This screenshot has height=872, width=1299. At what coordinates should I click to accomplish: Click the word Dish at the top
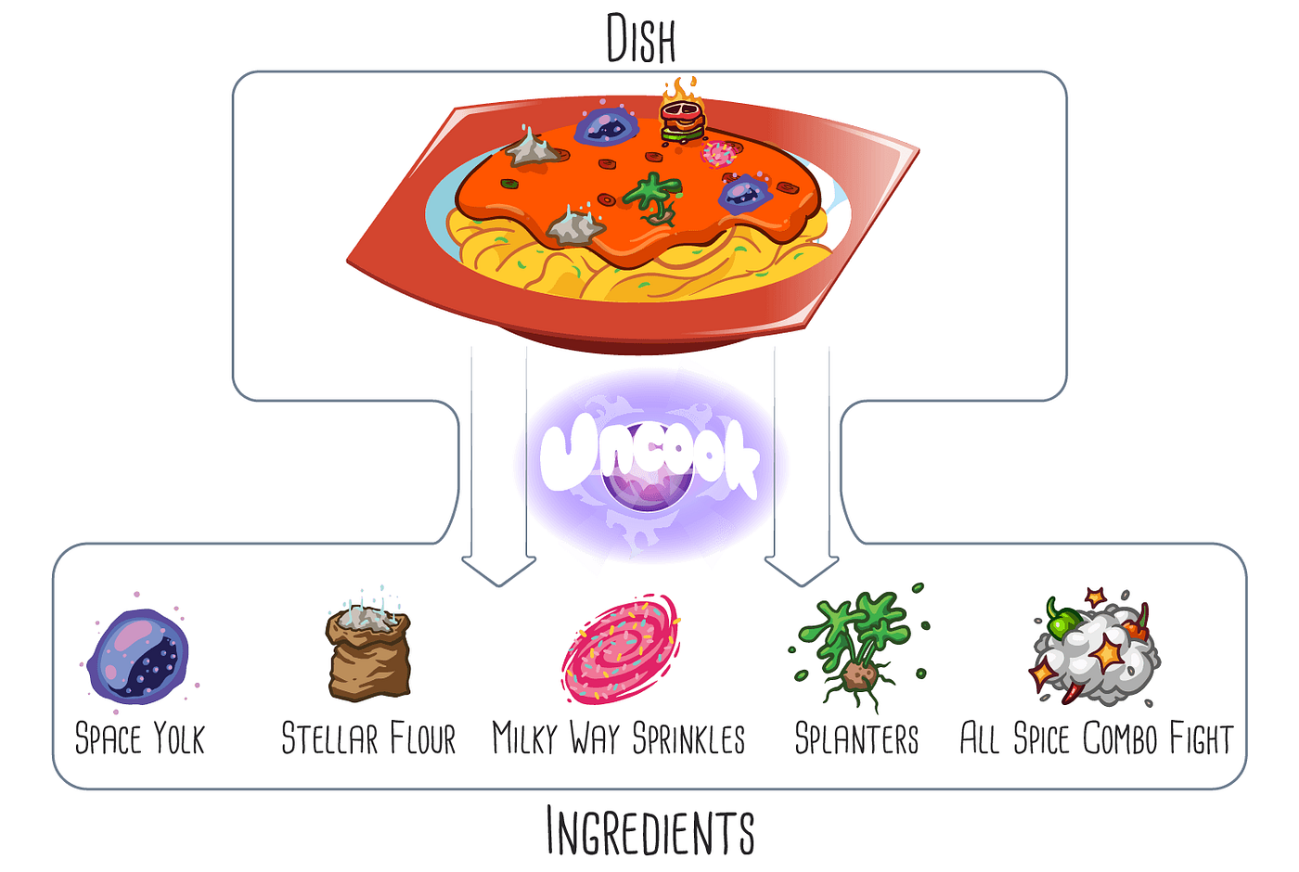pos(640,39)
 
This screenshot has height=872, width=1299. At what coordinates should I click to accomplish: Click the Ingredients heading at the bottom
pos(649,831)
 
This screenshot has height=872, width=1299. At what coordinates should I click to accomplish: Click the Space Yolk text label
pos(139,739)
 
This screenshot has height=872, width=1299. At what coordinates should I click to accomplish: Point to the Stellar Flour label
pos(368,739)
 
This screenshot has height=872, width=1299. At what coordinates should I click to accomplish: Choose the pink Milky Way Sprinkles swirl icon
pos(621,649)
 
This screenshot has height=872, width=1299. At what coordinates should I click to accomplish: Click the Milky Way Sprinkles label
pos(619,739)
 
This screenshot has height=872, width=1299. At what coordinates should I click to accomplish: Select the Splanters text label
pos(856,739)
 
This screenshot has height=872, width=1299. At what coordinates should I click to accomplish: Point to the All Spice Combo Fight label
pos(1097,739)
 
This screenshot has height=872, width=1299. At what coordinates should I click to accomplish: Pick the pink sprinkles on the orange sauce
pos(718,154)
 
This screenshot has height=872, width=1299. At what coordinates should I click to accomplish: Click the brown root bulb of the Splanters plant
pos(857,677)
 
